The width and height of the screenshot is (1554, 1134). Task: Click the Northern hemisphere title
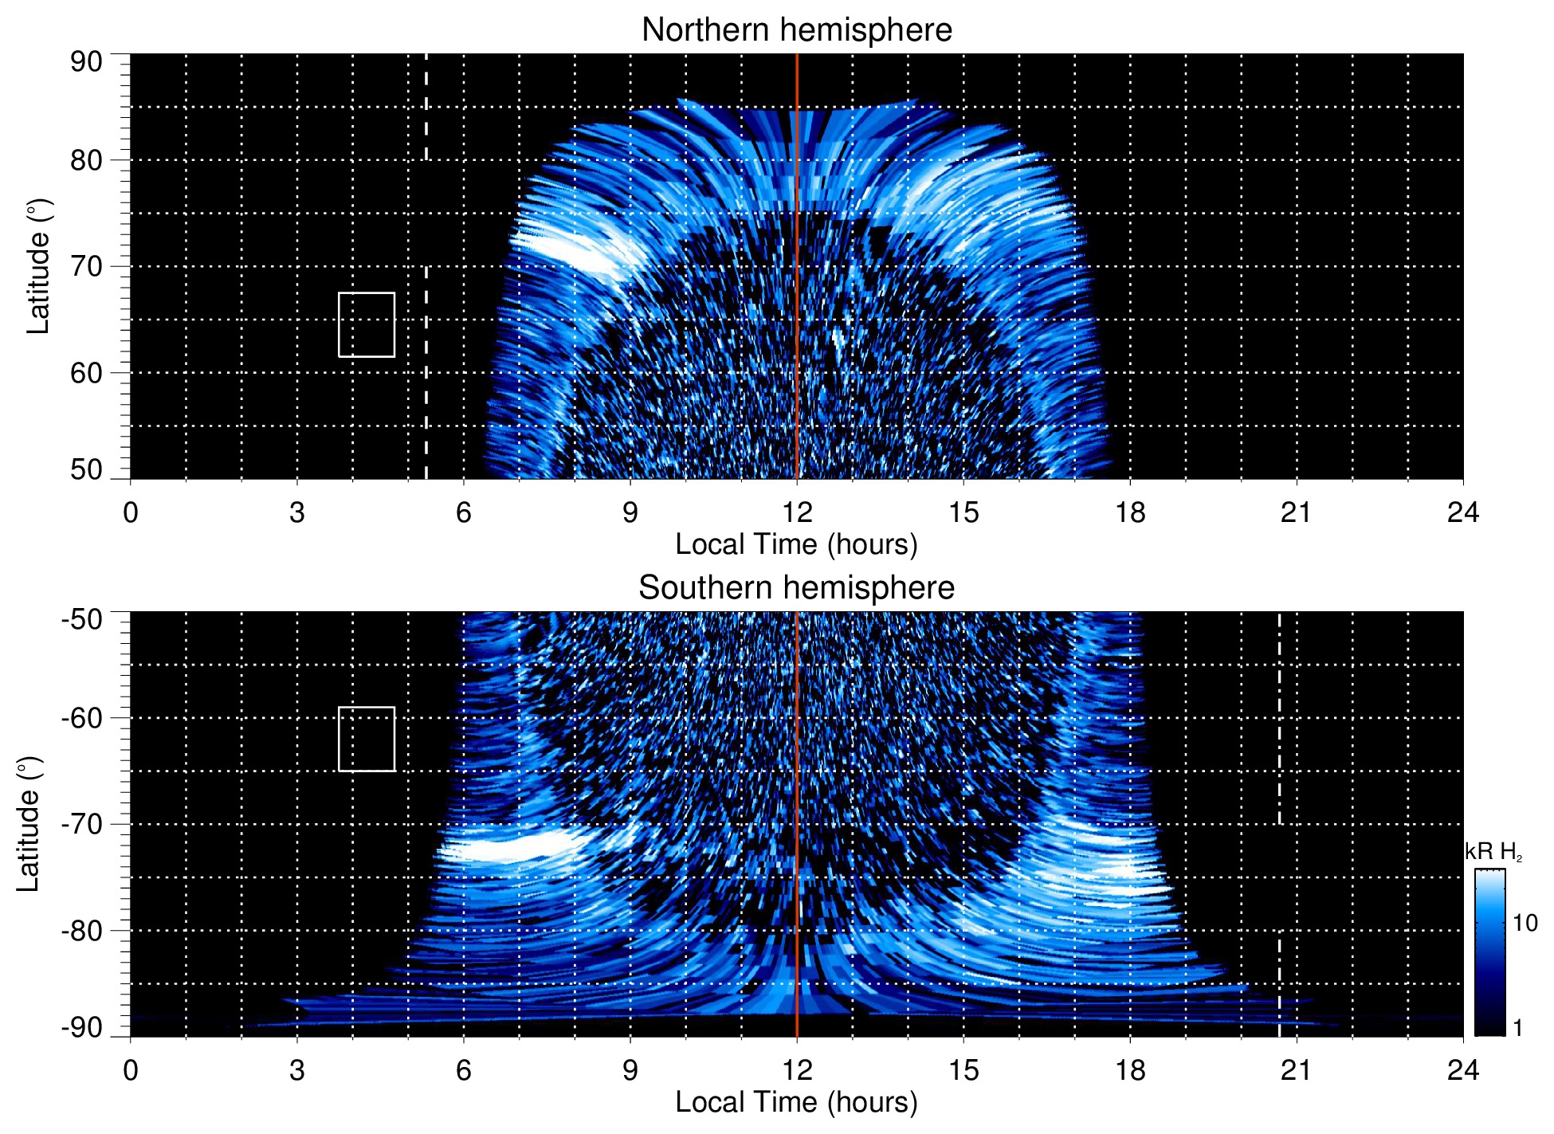pos(796,30)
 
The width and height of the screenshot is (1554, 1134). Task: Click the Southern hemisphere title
pos(796,588)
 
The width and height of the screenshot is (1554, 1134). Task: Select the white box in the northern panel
pos(367,324)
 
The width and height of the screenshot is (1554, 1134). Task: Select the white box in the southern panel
pos(367,739)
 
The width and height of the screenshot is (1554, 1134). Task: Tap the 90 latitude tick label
pos(86,62)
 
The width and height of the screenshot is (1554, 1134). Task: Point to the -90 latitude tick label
pos(82,1028)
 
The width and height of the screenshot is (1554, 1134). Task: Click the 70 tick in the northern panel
pos(86,266)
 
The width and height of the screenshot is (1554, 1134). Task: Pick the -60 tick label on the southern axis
pos(82,718)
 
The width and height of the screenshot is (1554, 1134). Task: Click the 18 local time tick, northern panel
pos(1130,512)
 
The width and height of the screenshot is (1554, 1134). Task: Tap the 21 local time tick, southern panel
pos(1296,1070)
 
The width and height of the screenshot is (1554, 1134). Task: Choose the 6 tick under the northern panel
pos(464,512)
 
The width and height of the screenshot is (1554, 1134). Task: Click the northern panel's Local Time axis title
pos(796,545)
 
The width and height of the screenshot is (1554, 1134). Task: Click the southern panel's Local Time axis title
pos(796,1103)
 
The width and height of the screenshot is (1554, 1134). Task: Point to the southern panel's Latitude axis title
pos(29,824)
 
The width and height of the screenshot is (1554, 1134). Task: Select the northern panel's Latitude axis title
pos(38,266)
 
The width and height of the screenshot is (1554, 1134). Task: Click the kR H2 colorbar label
pos(1493,852)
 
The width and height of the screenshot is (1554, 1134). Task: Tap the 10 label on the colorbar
pos(1525,923)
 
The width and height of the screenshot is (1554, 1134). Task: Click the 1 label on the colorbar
pos(1517,1028)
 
